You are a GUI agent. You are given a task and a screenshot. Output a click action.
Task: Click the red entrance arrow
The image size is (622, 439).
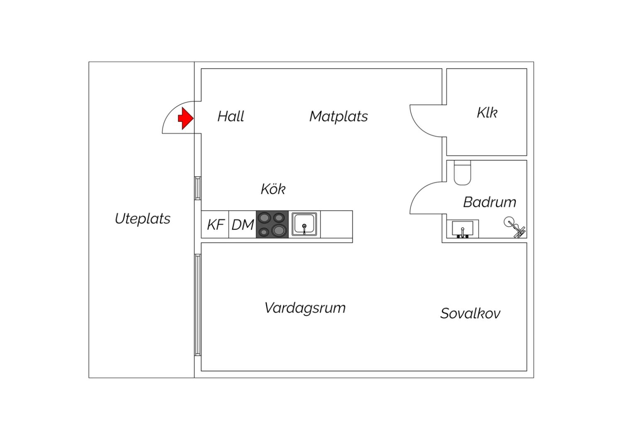point(186,118)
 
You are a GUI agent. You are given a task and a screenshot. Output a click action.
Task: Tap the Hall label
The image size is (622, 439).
point(231,116)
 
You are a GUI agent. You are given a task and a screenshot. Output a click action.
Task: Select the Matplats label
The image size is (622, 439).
point(338,116)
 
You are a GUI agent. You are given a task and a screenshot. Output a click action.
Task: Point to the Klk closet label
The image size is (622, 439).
point(487,113)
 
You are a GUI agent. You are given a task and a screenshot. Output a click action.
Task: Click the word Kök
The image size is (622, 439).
point(273,189)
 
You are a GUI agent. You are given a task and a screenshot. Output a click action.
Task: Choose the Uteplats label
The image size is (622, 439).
point(143,219)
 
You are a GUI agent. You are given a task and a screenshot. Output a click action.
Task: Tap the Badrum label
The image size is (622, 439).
point(489,202)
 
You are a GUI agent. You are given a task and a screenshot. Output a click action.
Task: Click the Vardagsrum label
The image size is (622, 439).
point(305,308)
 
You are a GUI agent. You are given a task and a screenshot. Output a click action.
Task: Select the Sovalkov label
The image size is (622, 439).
point(470,314)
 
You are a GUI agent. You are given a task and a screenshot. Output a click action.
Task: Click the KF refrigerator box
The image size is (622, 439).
point(215,224)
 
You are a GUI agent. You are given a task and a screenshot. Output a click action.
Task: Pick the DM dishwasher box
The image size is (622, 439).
point(243,224)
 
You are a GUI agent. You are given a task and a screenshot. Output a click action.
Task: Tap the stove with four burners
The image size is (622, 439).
point(272,224)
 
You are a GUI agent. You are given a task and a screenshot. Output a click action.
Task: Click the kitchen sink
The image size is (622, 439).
point(304,224)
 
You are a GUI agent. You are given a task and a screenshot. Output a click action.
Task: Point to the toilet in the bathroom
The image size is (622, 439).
point(462,173)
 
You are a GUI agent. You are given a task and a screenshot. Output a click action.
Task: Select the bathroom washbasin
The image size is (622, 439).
point(462,229)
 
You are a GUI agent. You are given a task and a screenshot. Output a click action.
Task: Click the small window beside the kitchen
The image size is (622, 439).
point(198,188)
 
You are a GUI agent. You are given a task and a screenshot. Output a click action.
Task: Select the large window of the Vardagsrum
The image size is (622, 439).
point(198,305)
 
